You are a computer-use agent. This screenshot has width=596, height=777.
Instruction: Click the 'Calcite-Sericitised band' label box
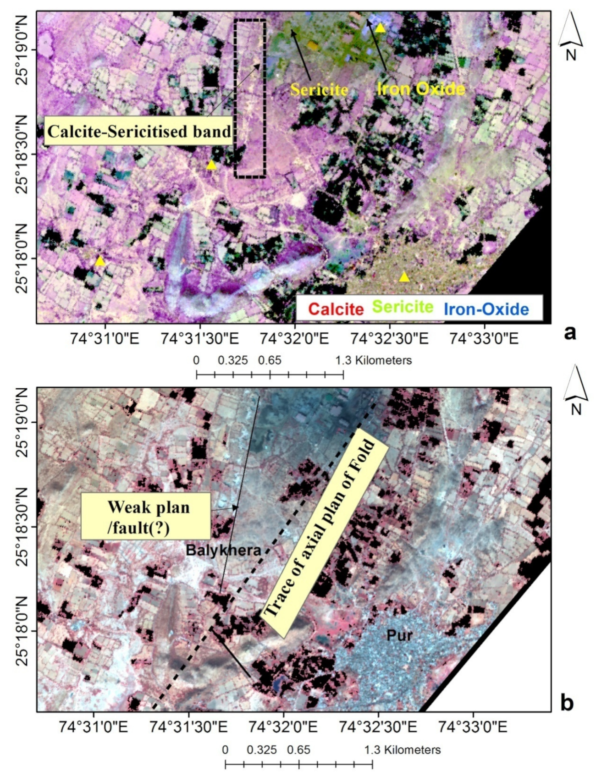(x=139, y=132)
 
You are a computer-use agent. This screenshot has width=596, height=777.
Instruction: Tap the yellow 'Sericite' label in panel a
(x=319, y=89)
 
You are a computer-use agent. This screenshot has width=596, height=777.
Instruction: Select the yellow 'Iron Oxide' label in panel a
(x=421, y=88)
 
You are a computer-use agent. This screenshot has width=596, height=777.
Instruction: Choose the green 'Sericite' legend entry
(x=403, y=307)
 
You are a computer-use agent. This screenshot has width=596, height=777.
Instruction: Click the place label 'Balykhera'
(x=223, y=550)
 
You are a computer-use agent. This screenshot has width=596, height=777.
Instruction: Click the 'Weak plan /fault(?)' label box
(x=146, y=516)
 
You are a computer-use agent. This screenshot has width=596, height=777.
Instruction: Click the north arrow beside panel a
(x=570, y=36)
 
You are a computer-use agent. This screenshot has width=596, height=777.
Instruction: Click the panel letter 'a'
(x=569, y=332)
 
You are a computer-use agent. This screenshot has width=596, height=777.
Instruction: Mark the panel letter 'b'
(x=567, y=702)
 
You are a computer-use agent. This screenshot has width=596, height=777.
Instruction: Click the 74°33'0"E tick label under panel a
(x=484, y=339)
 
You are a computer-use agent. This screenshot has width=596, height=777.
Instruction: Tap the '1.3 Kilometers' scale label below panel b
(x=403, y=750)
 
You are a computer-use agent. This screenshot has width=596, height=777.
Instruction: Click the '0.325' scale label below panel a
(x=233, y=360)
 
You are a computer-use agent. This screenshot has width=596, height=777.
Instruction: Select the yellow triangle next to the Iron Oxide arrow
(x=380, y=28)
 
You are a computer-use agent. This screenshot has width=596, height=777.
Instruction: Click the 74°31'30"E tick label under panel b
(x=188, y=727)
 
